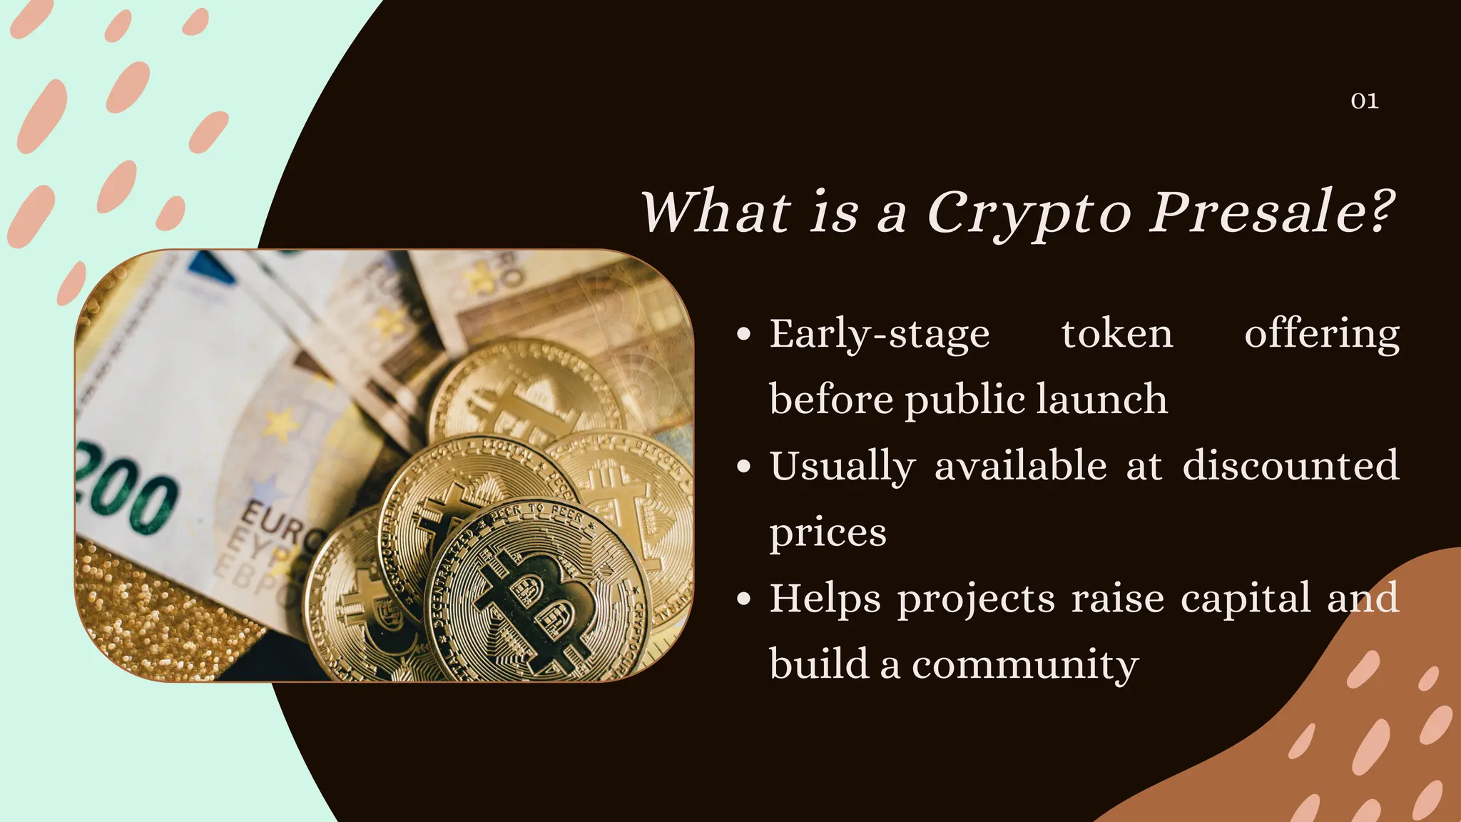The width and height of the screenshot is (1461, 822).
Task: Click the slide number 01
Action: point(1364,101)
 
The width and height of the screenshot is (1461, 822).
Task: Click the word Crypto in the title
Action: point(1029,213)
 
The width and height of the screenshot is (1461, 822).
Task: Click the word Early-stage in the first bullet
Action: point(879,335)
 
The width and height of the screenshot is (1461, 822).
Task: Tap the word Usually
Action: point(842,467)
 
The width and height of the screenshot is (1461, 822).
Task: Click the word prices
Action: point(828,532)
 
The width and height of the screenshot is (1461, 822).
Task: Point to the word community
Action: point(1024,664)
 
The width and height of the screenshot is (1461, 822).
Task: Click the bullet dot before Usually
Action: point(744,467)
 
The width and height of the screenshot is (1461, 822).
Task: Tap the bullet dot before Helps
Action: point(744,599)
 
